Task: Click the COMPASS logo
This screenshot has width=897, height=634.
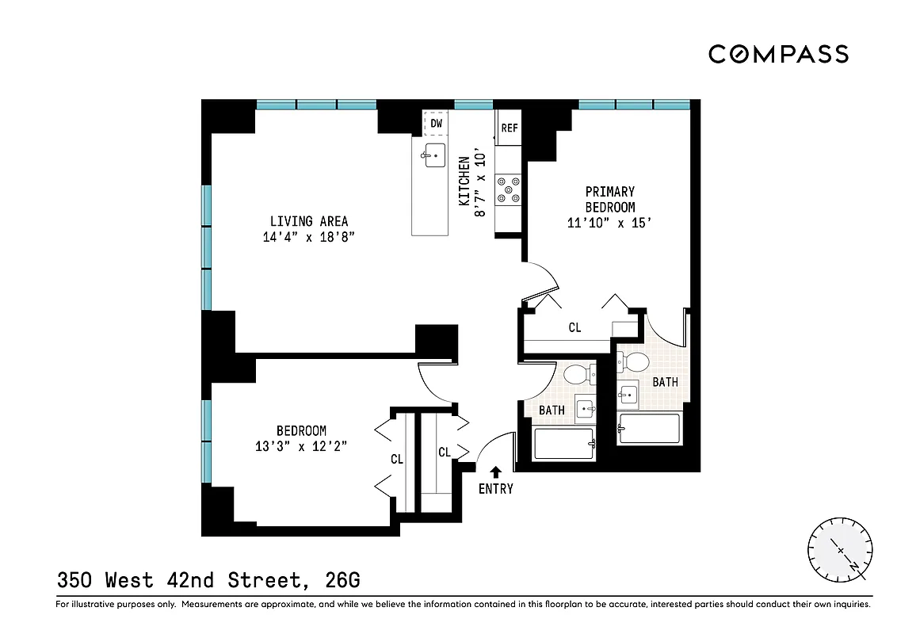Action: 778,54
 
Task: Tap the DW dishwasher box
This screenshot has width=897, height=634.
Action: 436,124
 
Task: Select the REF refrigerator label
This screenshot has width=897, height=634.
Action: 510,128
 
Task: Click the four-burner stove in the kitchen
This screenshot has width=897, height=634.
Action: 508,189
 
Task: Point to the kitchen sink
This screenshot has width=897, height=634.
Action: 434,155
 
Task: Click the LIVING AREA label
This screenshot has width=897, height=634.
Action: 308,221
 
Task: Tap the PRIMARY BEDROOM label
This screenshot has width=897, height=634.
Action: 609,199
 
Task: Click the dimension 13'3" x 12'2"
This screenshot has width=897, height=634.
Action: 301,446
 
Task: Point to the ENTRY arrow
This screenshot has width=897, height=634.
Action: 496,472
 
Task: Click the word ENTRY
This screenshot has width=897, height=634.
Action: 496,489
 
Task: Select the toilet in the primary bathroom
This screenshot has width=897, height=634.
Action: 636,362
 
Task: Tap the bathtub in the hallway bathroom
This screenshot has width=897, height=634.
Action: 564,443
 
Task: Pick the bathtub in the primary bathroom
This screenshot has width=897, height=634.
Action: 649,429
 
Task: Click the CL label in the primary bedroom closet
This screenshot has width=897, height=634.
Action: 574,327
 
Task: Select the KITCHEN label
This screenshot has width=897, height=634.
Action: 464,181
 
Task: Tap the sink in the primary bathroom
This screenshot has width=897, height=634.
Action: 629,393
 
